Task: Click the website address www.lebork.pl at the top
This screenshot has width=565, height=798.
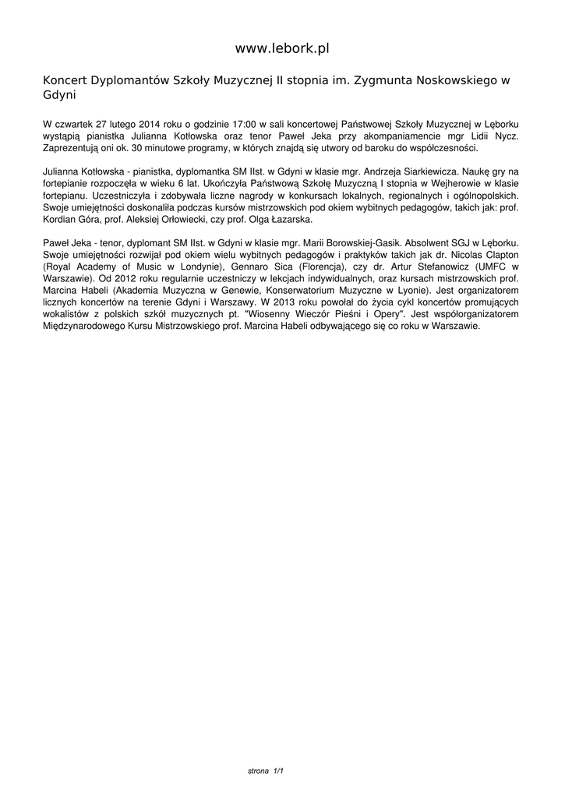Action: click(x=282, y=48)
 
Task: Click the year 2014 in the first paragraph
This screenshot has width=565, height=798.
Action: click(x=146, y=124)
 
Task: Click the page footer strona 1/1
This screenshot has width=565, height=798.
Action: click(x=265, y=771)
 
